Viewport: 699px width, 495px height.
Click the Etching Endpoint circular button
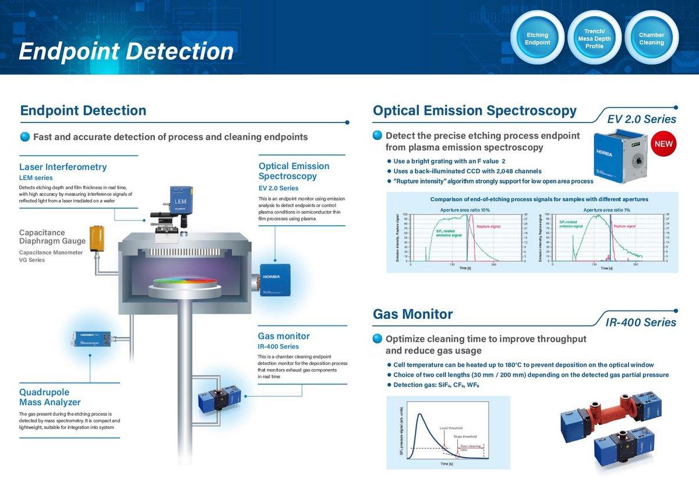click(536, 38)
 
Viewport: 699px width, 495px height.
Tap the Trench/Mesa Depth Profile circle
click(594, 38)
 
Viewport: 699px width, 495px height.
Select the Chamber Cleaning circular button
click(651, 38)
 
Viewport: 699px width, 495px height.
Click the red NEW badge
click(663, 144)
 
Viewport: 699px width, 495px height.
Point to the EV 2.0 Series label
click(641, 119)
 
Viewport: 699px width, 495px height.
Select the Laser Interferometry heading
click(63, 167)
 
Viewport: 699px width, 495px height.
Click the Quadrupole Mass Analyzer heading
click(50, 397)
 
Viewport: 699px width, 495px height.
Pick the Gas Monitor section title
click(412, 314)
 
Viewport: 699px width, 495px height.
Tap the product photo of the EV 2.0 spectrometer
click(619, 153)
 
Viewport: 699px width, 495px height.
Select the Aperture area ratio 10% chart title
click(465, 209)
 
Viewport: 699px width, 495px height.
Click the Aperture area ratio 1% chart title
click(606, 209)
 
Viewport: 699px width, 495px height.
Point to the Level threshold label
click(451, 427)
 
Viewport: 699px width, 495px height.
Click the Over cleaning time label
click(471, 447)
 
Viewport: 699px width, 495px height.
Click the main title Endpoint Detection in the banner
click(126, 51)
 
